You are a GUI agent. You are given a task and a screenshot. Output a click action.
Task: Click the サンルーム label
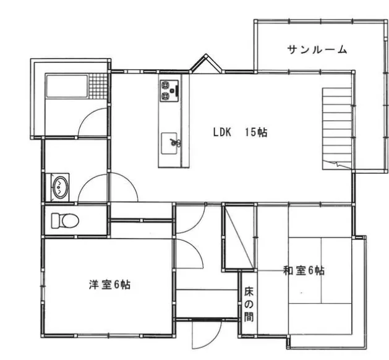coord(317,49)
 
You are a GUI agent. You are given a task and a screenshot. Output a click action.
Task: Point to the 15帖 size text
coord(255,132)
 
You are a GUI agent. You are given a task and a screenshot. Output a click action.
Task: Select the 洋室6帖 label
coord(109,285)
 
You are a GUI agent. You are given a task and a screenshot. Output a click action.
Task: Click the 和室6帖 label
coord(304,270)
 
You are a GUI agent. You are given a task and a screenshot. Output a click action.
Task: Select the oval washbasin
coord(59,187)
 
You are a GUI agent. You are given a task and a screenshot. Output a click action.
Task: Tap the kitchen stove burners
coord(169,90)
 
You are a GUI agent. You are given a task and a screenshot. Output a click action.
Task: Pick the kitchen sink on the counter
coord(171,143)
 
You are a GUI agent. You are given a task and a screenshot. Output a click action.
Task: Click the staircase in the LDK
coord(337,127)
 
